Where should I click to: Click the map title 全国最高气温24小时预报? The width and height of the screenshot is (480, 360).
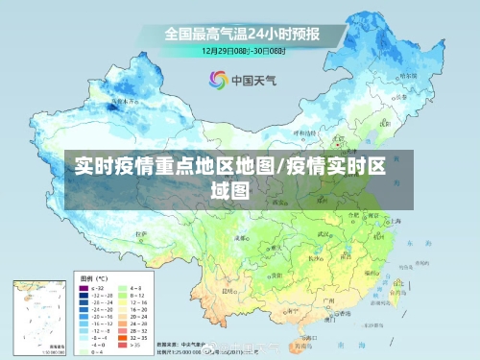241,32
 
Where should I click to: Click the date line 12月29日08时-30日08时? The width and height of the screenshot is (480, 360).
241,49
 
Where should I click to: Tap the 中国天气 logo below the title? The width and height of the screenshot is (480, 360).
241,80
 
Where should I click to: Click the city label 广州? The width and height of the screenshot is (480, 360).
328,300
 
